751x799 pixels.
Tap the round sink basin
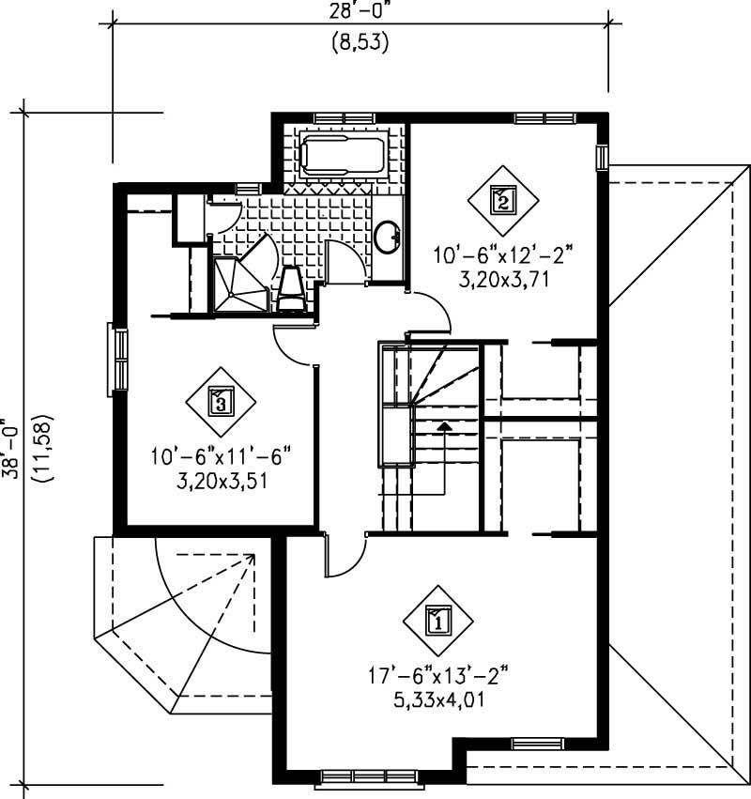[388, 237]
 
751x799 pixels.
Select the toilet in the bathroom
[291, 287]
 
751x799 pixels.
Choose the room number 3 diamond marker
[219, 402]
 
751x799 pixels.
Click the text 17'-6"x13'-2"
[437, 674]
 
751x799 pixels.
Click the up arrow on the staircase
[444, 427]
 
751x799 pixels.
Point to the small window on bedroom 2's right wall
[602, 157]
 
